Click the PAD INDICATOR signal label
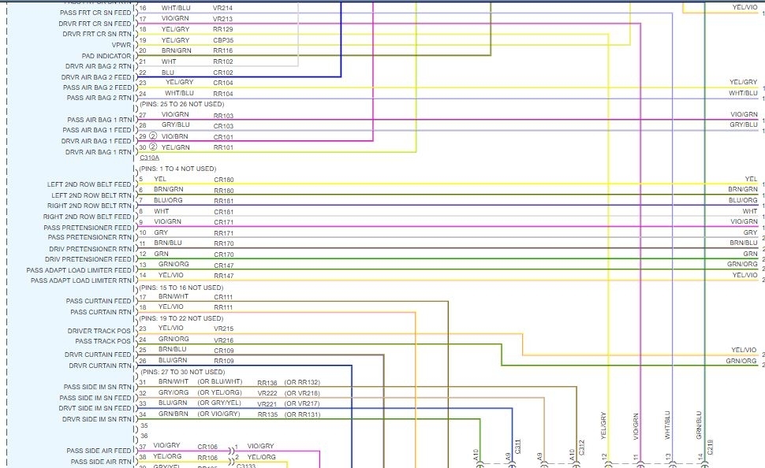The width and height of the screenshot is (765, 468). [106, 56]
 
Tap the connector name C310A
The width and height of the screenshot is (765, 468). [148, 158]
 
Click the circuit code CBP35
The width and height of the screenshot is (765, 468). [223, 40]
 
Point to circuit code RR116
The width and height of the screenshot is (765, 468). [223, 50]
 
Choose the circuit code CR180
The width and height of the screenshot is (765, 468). [223, 180]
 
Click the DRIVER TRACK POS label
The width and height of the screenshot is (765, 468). [99, 331]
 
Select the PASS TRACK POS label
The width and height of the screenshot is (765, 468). [103, 341]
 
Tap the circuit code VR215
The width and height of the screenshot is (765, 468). [223, 328]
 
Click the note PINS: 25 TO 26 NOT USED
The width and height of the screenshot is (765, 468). [181, 104]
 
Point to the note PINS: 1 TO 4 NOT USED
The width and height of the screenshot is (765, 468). [177, 169]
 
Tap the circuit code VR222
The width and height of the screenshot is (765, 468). [267, 392]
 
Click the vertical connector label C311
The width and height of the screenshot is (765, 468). [517, 447]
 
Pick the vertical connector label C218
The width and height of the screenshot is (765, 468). [710, 447]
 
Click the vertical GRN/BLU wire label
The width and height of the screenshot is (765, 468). [698, 423]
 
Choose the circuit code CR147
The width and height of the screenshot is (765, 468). [223, 265]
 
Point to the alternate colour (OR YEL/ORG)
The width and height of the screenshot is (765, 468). [220, 392]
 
